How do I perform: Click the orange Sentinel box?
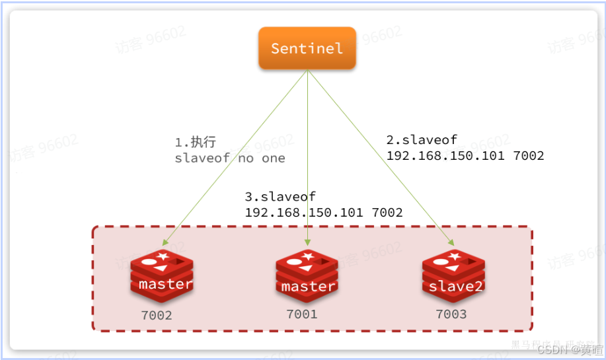tap(307, 48)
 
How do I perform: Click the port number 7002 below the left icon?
tap(157, 315)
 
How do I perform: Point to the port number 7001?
tap(302, 314)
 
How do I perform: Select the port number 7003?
tap(451, 314)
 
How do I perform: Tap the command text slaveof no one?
tap(229, 159)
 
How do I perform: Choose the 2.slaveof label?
tap(422, 140)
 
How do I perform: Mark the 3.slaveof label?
tap(280, 197)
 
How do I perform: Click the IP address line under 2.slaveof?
tap(465, 156)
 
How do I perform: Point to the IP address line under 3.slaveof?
tap(323, 213)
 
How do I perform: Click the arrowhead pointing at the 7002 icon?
tap(163, 243)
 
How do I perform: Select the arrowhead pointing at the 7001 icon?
tap(308, 244)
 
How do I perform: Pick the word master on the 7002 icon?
tap(165, 285)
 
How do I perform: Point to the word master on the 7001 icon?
tap(308, 287)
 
